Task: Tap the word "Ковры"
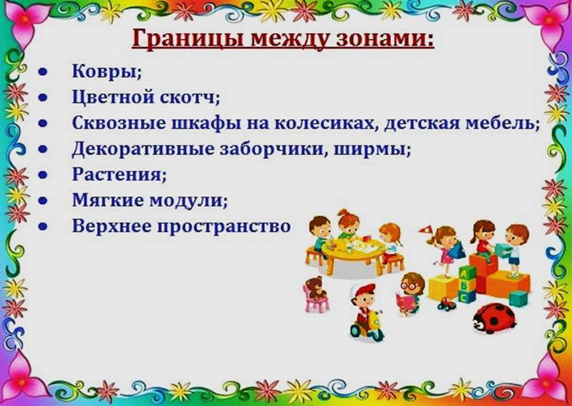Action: point(106,71)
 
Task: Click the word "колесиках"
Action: point(328,123)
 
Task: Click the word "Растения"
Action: point(119,174)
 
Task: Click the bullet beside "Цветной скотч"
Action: point(43,97)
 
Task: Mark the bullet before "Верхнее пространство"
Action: point(43,226)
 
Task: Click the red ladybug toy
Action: point(494,319)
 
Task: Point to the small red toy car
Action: point(447,304)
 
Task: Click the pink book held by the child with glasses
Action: point(406,303)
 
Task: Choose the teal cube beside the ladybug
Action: point(518,298)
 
